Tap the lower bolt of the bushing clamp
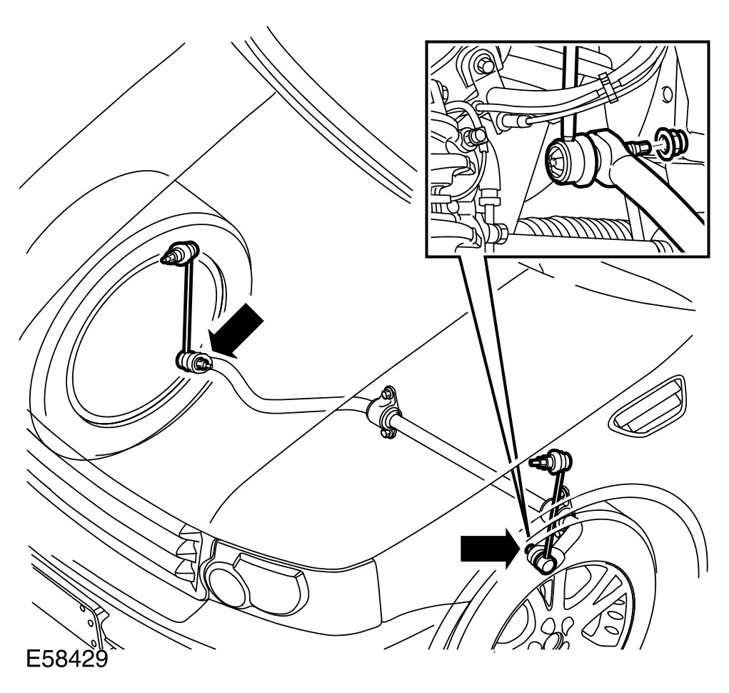[x=385, y=432]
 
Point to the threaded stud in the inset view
[x=638, y=147]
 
